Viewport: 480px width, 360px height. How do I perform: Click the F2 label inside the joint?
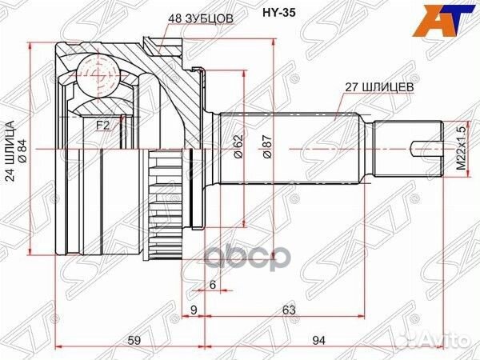102,125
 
